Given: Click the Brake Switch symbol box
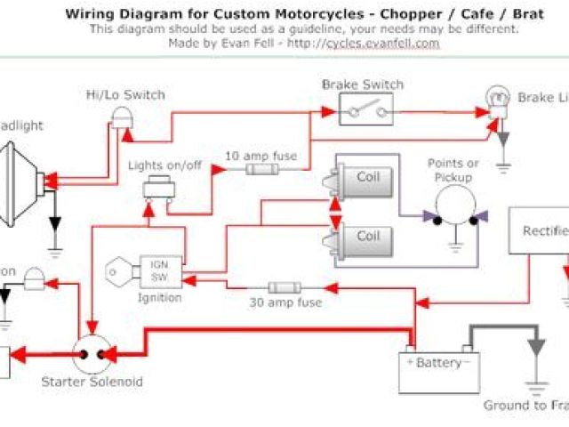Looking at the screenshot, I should point(362,111).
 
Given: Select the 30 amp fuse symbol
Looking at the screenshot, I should point(284,288).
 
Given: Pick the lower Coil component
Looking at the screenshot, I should point(360,237).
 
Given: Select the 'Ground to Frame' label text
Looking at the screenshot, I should point(525,406).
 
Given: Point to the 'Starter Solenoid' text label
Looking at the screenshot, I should point(92,383).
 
